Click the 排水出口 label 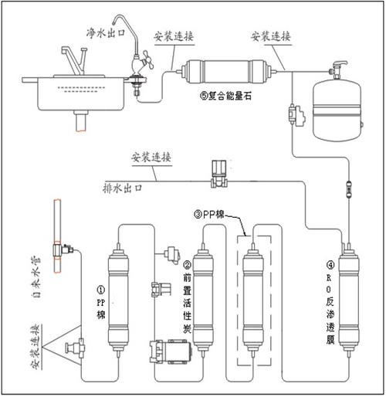[x=127, y=188]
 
